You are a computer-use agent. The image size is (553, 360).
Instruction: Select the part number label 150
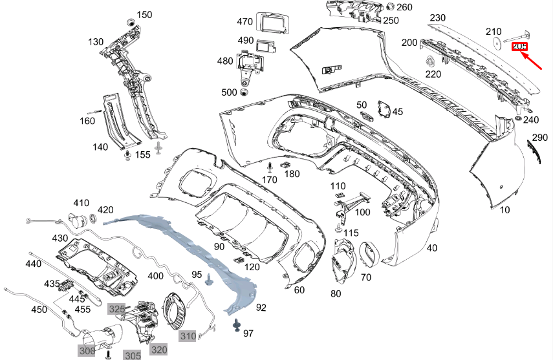(x=144, y=14)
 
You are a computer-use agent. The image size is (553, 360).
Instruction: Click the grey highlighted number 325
(x=116, y=309)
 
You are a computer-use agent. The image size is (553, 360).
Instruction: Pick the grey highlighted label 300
(x=87, y=350)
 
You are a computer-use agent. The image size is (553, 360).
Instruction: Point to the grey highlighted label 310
(x=188, y=335)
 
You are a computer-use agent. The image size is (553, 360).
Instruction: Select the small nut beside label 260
(x=390, y=7)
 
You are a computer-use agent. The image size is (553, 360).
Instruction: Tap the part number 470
(x=244, y=21)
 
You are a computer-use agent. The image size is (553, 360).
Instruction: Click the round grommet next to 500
(x=244, y=92)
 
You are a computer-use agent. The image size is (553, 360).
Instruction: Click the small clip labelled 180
(x=284, y=165)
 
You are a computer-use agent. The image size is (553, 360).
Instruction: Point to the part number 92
(x=261, y=308)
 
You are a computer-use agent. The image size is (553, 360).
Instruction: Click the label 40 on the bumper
(x=432, y=248)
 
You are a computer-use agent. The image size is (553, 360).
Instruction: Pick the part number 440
(x=34, y=264)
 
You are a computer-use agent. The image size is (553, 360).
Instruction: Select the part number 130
(x=96, y=42)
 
